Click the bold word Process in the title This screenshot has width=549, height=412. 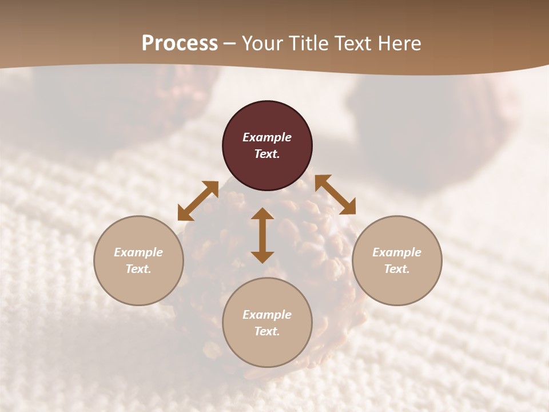(180, 43)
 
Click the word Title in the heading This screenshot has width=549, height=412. (308, 43)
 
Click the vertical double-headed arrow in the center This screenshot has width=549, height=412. (262, 235)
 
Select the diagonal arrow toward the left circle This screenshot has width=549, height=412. (198, 201)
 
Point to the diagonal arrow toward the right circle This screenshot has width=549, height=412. (335, 195)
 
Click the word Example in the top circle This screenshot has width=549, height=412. (267, 137)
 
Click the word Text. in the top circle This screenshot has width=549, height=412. (267, 154)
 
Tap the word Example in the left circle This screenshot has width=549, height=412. (138, 252)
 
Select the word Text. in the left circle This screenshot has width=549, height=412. (138, 269)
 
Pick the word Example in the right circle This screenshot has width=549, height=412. (397, 252)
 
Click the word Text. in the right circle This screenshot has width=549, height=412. (397, 269)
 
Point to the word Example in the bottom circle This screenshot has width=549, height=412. (267, 315)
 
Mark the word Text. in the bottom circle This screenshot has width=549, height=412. (267, 331)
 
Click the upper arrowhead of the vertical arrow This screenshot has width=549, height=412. (262, 214)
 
